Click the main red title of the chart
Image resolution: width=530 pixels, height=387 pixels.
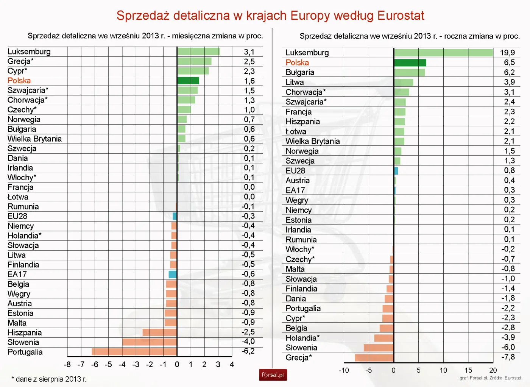coord(270,16)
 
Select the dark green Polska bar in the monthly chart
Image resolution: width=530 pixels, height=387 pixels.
coord(188,81)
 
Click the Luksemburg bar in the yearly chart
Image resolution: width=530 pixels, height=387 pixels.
coord(443,53)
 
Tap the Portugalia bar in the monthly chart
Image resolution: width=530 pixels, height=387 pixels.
coord(134,351)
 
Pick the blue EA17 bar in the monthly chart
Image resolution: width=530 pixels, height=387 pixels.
coord(173,274)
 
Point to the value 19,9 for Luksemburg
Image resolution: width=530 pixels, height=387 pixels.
coord(507,53)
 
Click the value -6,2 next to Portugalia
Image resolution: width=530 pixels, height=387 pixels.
coord(248,351)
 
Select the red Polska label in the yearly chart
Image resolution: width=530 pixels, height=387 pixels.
coord(297,62)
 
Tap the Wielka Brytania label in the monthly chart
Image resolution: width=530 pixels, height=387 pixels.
coord(34,139)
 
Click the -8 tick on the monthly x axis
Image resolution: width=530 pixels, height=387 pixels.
coord(67,364)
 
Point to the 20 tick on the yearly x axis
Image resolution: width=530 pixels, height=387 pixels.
coord(493,370)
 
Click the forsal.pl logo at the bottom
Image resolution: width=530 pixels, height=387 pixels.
coord(273,375)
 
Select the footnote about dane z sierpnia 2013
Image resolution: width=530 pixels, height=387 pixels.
coord(49,379)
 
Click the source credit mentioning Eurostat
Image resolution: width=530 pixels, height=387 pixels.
coord(490,378)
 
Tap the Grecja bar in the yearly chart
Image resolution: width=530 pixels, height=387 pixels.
coord(374,357)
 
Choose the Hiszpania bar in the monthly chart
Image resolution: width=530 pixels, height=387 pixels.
coord(159,332)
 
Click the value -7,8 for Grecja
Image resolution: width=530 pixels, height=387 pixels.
coord(508,357)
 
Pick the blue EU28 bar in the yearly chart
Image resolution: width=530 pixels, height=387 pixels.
coord(396,171)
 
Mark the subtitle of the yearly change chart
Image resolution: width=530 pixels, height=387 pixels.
coord(410,36)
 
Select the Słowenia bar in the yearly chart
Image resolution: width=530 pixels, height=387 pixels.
coord(379,348)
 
